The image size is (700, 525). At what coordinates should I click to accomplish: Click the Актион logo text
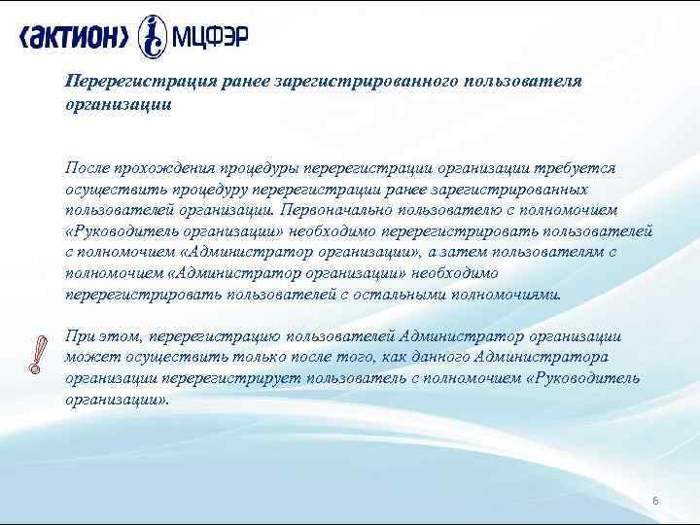coord(74,38)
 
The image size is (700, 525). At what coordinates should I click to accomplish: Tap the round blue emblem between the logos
coord(153,37)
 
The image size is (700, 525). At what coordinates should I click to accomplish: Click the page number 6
coord(655,500)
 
